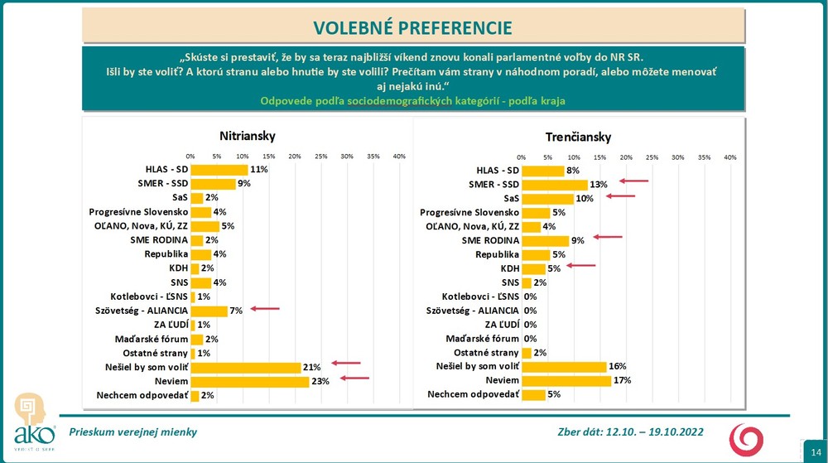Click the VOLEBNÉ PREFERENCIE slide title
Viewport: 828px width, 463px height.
(x=414, y=27)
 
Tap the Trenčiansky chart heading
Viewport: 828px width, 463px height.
(x=578, y=137)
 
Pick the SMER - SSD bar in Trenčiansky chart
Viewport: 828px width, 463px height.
(x=554, y=184)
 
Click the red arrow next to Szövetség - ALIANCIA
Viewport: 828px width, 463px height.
(x=266, y=309)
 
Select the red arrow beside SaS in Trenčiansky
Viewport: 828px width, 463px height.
(x=620, y=196)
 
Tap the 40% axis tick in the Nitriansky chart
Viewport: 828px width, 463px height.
(x=398, y=156)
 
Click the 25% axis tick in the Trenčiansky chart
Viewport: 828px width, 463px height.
(x=652, y=157)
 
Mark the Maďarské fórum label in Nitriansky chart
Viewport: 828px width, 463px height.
(x=151, y=339)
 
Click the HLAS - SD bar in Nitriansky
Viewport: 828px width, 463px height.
(x=219, y=169)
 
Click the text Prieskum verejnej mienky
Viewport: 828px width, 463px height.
(x=132, y=432)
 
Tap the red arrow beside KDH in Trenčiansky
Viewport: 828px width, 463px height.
(x=581, y=266)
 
